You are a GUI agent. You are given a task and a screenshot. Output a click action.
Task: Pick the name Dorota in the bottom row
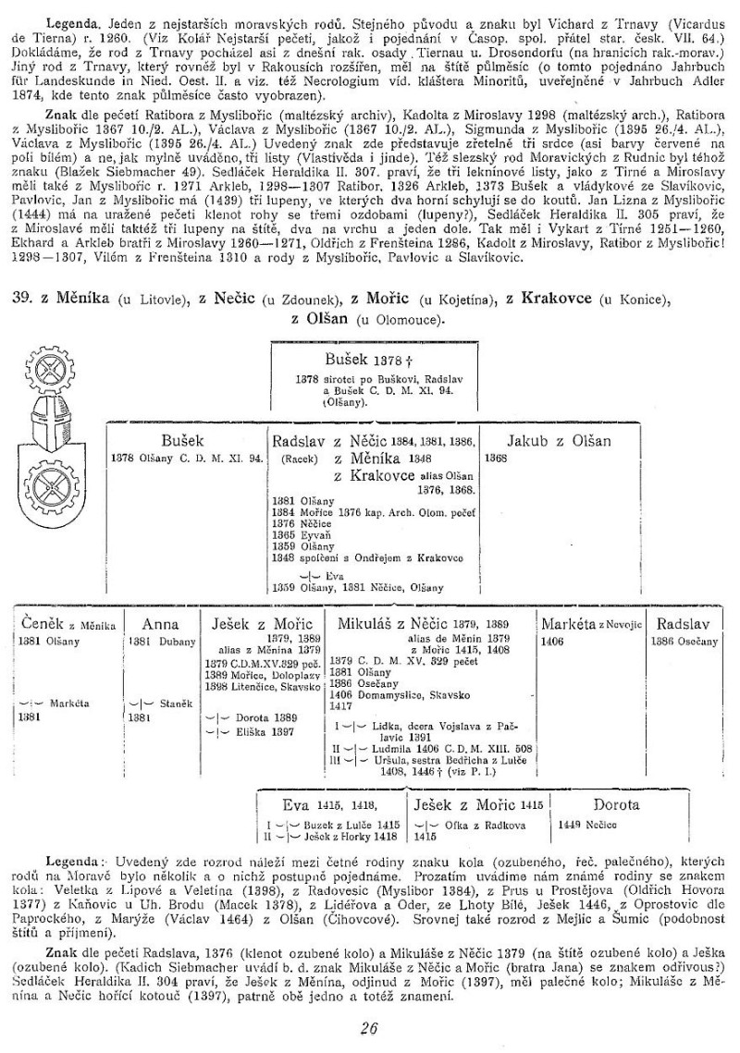pyautogui.click(x=616, y=805)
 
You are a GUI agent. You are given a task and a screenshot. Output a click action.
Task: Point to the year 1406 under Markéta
pyautogui.click(x=554, y=640)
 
